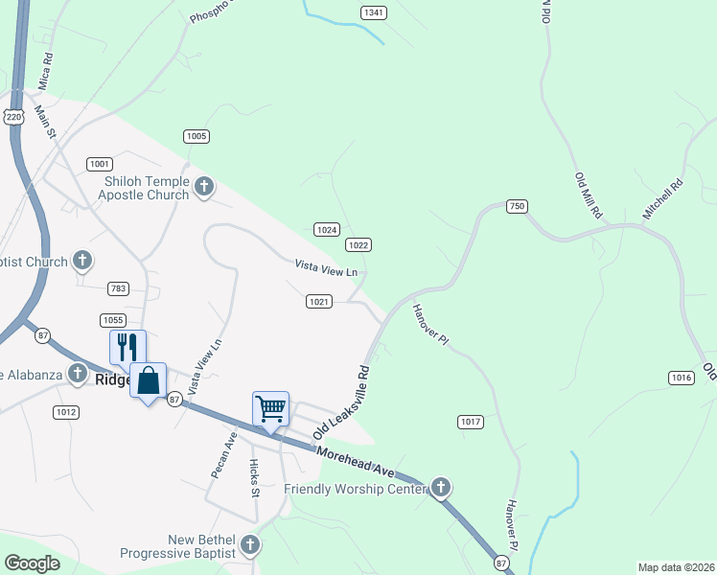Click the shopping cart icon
pyautogui.click(x=271, y=408)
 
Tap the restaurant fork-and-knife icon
pyautogui.click(x=127, y=346)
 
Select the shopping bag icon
pyautogui.click(x=148, y=380)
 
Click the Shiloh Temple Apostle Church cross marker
pyautogui.click(x=203, y=186)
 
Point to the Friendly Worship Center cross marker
pyautogui.click(x=440, y=489)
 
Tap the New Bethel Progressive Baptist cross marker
pyautogui.click(x=249, y=545)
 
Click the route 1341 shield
pyautogui.click(x=375, y=12)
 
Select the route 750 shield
pyautogui.click(x=518, y=206)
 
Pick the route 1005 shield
pyautogui.click(x=197, y=136)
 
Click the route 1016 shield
pyautogui.click(x=681, y=379)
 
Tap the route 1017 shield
pyautogui.click(x=470, y=422)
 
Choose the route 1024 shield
pyautogui.click(x=327, y=230)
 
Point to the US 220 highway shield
pyautogui.click(x=13, y=116)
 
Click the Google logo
pyautogui.click(x=32, y=563)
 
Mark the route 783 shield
pyautogui.click(x=119, y=288)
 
